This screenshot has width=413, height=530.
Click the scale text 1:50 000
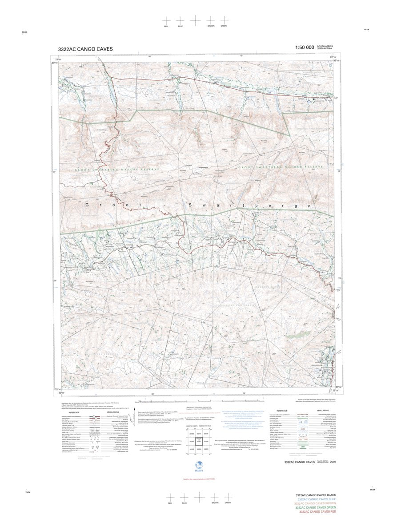(x=304, y=47)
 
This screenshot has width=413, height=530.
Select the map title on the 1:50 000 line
(x=85, y=49)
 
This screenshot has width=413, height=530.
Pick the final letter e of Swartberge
(x=309, y=206)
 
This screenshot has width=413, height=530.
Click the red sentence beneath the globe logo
(x=199, y=479)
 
